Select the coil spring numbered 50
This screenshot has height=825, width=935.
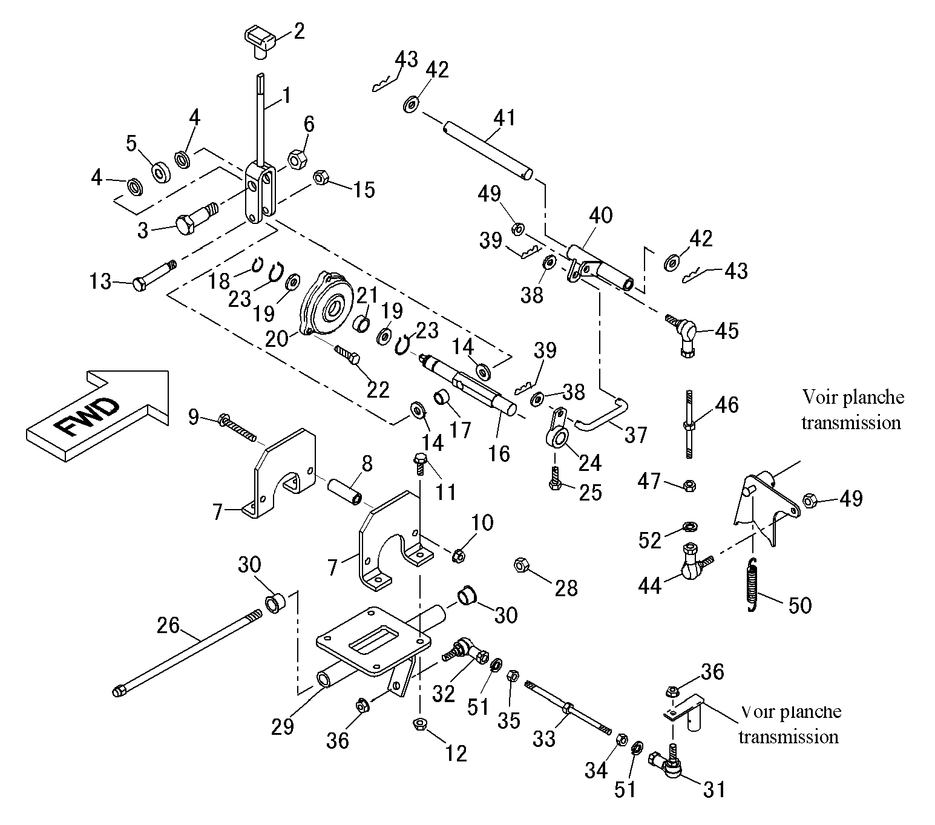pyautogui.click(x=753, y=585)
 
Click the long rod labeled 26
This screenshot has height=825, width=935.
pyautogui.click(x=187, y=652)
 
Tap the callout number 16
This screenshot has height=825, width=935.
pyautogui.click(x=499, y=453)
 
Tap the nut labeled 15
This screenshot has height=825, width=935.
pyautogui.click(x=320, y=177)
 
